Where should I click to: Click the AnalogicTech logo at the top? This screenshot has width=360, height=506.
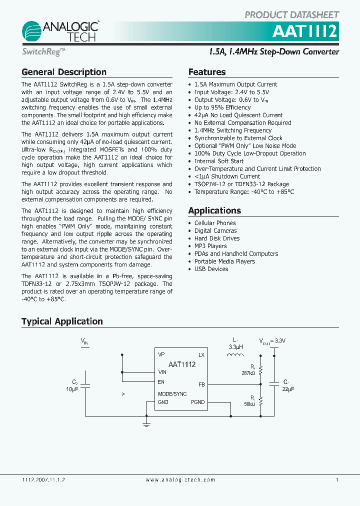tap(59, 31)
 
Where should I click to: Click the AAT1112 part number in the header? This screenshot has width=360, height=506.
tap(304, 32)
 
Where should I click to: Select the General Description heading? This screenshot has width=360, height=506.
tap(64, 72)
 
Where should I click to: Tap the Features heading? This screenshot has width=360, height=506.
tap(207, 72)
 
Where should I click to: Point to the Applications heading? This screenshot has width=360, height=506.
tap(214, 210)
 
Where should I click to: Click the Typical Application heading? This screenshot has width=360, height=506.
tap(62, 321)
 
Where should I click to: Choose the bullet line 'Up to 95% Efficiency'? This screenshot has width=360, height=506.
tap(222, 107)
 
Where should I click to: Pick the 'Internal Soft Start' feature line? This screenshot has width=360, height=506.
tap(219, 161)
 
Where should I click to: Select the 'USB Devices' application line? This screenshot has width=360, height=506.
tap(211, 269)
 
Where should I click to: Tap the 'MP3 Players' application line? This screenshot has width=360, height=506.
tap(210, 246)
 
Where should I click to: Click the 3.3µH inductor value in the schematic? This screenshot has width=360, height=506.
tap(235, 346)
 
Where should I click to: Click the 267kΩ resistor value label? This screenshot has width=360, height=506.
tap(248, 373)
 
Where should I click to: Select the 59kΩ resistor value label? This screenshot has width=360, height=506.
tap(249, 404)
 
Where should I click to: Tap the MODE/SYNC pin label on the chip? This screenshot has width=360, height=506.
tap(172, 394)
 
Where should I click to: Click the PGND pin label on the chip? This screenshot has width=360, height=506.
tap(197, 402)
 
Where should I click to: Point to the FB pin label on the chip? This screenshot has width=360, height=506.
tap(201, 384)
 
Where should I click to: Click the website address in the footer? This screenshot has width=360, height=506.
tap(180, 480)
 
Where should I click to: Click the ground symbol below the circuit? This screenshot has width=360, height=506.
tap(146, 425)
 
